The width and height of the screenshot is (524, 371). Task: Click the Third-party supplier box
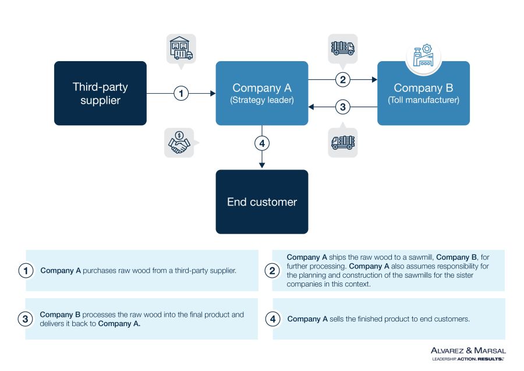click(100, 93)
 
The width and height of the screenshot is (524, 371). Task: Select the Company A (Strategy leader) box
click(262, 93)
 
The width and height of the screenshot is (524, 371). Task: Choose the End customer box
click(262, 202)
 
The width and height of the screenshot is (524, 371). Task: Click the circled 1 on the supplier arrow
click(181, 93)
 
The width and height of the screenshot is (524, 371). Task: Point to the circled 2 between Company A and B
click(343, 79)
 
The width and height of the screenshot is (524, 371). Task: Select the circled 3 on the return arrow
click(343, 107)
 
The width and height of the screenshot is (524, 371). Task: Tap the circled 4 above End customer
click(262, 143)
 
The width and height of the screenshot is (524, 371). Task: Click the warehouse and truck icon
click(181, 49)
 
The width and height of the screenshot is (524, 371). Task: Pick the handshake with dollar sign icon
click(179, 143)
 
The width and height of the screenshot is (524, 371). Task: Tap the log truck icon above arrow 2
click(343, 47)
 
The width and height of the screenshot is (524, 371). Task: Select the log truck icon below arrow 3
click(343, 142)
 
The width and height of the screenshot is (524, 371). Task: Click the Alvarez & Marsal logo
click(468, 353)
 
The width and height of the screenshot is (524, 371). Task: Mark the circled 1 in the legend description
click(26, 271)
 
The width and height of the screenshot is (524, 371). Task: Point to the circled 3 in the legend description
click(26, 319)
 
